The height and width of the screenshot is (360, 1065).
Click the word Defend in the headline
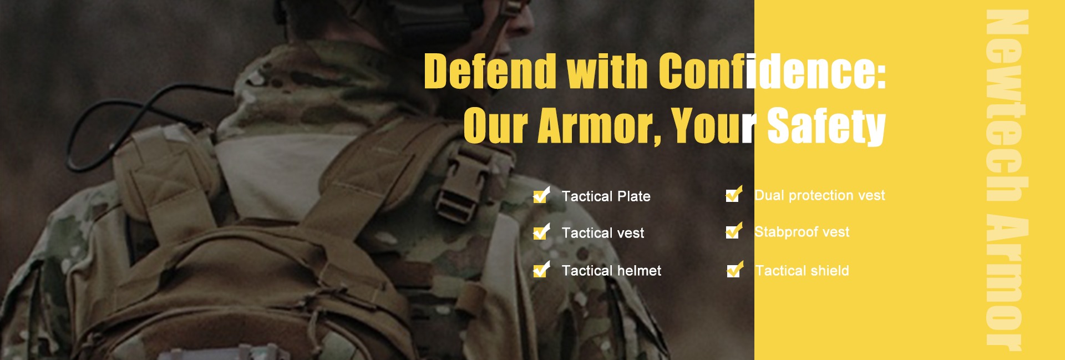(x=490, y=71)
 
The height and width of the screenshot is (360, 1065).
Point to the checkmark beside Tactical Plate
(x=541, y=195)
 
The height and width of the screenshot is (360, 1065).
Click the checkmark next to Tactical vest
(x=541, y=232)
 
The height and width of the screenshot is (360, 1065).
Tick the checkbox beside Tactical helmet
(x=541, y=270)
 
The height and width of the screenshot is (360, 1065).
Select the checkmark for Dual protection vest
(x=734, y=194)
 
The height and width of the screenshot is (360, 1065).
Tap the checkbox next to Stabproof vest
(x=734, y=231)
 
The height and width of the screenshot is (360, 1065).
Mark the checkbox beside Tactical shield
(x=735, y=270)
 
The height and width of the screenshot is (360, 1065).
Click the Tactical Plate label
(x=606, y=196)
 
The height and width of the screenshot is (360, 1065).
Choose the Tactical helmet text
(x=611, y=271)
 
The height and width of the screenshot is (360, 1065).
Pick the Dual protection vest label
(x=820, y=195)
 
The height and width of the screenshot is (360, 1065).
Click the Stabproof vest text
(x=802, y=232)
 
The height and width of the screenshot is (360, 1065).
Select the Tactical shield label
(x=802, y=271)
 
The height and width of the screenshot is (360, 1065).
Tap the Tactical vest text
(x=603, y=233)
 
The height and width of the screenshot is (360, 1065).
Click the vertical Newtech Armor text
(x=1007, y=180)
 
